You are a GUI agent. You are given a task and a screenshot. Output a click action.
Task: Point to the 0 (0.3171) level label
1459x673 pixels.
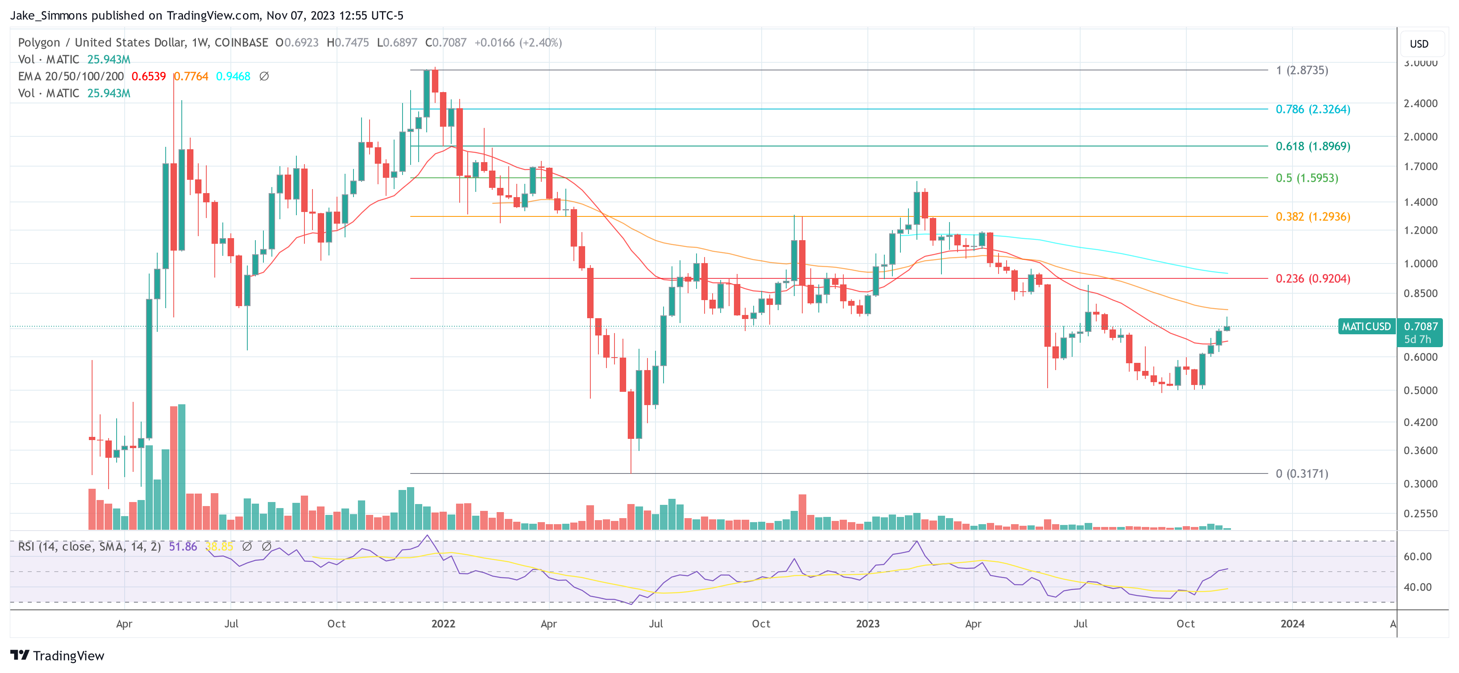pos(1301,473)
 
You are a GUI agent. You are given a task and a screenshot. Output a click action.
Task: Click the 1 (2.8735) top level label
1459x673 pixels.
pos(1301,70)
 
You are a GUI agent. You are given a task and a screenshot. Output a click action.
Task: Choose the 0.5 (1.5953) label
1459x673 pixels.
pos(1307,178)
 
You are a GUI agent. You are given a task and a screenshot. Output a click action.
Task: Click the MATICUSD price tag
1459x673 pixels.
pos(1366,326)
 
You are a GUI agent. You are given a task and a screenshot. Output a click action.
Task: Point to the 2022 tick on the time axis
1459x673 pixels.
pos(443,624)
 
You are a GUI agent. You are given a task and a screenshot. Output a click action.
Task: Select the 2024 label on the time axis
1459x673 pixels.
pos(1293,624)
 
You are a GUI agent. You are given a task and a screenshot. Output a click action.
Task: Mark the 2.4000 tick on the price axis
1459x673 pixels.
pos(1420,103)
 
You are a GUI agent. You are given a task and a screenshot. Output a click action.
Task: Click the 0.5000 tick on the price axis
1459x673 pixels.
pos(1420,390)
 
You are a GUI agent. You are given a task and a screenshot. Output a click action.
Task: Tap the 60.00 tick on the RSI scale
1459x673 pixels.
pos(1418,556)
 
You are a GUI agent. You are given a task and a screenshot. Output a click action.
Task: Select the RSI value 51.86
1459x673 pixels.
pos(183,547)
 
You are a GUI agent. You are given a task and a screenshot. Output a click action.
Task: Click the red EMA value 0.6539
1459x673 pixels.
pos(148,76)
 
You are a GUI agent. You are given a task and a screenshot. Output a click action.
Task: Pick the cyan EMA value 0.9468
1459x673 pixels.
pos(233,76)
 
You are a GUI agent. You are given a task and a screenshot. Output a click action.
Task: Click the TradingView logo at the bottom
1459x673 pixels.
pos(57,655)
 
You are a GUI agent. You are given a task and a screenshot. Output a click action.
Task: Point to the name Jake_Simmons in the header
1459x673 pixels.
pos(49,15)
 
